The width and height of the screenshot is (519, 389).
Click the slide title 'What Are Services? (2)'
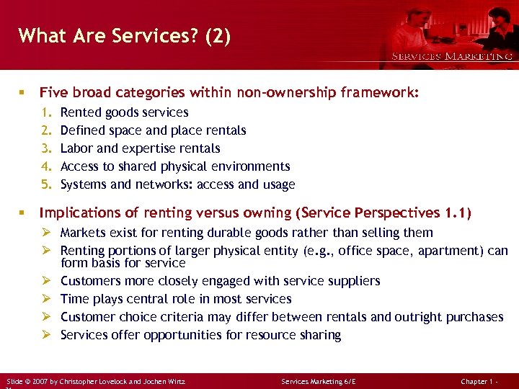[x=125, y=36]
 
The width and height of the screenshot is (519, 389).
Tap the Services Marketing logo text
[x=452, y=56]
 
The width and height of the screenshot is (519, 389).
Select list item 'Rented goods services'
[x=124, y=112]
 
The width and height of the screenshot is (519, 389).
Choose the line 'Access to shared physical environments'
[x=175, y=166]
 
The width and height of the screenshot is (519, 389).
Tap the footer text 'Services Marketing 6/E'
[x=318, y=380]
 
